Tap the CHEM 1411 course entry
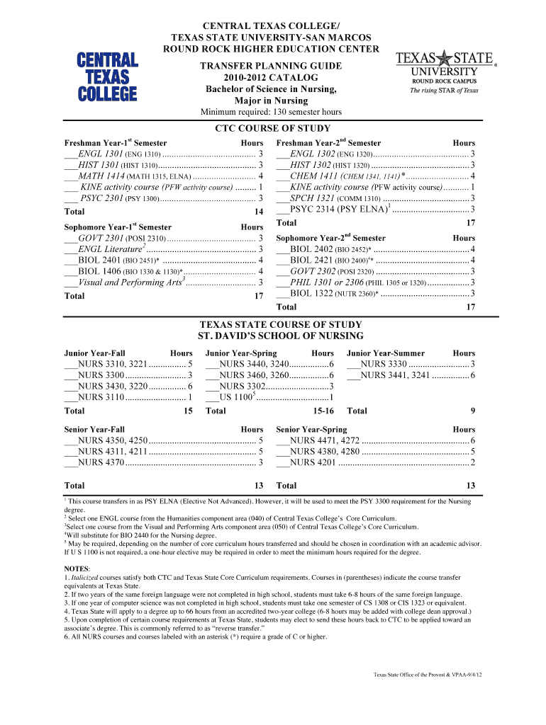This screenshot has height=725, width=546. pyautogui.click(x=376, y=176)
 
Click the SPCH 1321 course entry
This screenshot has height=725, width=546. pyautogui.click(x=376, y=198)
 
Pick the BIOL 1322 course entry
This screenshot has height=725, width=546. pyautogui.click(x=376, y=293)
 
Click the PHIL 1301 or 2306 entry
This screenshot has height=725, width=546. pyautogui.click(x=376, y=282)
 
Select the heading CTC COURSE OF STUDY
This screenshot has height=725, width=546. pyautogui.click(x=272, y=128)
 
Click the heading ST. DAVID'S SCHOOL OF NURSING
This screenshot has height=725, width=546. pyautogui.click(x=272, y=336)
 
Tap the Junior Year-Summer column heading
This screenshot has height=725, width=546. pyautogui.click(x=386, y=353)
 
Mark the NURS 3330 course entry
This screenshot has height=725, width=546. pyautogui.click(x=411, y=364)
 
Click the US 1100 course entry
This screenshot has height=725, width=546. pyautogui.click(x=269, y=397)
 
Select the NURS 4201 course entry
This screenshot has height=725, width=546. pyautogui.click(x=376, y=462)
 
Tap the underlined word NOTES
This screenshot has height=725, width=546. pyautogui.click(x=77, y=569)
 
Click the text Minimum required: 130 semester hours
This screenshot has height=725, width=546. pyautogui.click(x=272, y=112)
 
